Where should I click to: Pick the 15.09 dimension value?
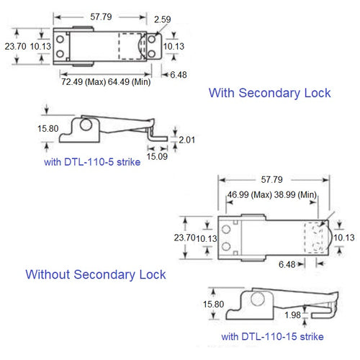[x=158, y=155]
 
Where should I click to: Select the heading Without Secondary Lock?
[x=96, y=274]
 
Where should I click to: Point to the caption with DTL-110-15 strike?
[x=272, y=336]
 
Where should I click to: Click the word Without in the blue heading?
[x=50, y=274]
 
